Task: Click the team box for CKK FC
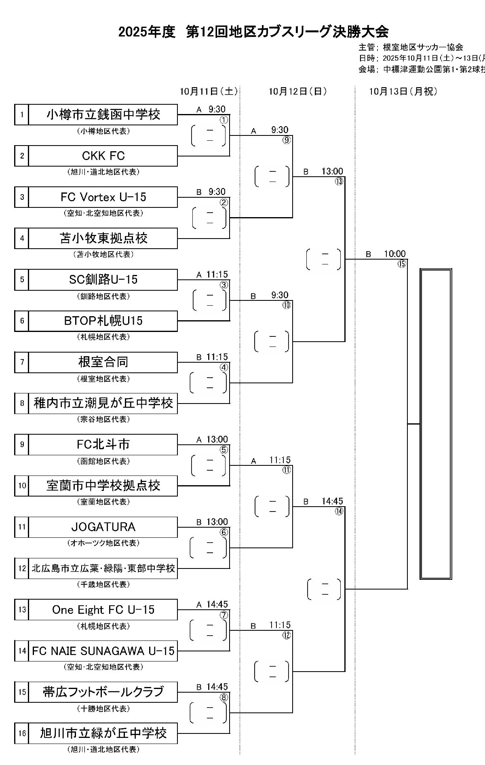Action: tap(103, 156)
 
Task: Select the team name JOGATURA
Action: tap(103, 527)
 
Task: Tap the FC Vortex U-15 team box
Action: tap(103, 197)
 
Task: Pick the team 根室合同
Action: tap(103, 362)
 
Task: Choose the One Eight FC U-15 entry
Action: tap(103, 609)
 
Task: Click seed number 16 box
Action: tap(22, 733)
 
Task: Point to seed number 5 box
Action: tap(22, 279)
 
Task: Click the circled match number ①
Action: tap(224, 120)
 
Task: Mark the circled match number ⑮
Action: tap(402, 264)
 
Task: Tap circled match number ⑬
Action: tap(339, 182)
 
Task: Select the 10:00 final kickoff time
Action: tap(394, 254)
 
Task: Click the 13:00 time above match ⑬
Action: tap(332, 171)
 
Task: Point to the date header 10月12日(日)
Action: tap(297, 92)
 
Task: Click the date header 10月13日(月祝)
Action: tap(403, 92)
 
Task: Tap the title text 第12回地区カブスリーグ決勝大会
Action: tap(287, 32)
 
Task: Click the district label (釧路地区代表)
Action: tap(103, 296)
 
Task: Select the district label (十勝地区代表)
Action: tap(103, 709)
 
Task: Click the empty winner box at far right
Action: tap(436, 424)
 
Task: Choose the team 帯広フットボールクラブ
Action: tap(103, 692)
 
